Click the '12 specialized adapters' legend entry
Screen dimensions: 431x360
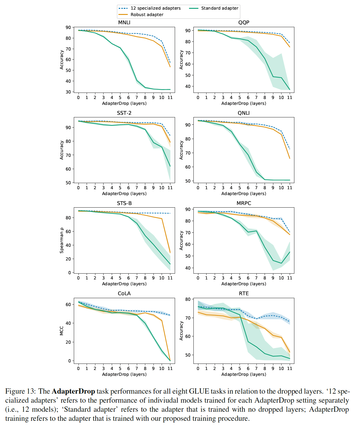pyautogui.click(x=155, y=8)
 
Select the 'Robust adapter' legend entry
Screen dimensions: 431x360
pyautogui.click(x=147, y=15)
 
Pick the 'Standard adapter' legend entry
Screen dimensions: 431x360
pyautogui.click(x=219, y=8)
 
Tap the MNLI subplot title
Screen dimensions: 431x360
pyautogui.click(x=124, y=22)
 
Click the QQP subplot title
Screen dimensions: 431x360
pyautogui.click(x=244, y=22)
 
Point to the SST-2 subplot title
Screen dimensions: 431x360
pyautogui.click(x=124, y=113)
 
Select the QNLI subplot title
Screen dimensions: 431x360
pyautogui.click(x=244, y=113)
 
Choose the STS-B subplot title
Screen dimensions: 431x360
pyautogui.click(x=124, y=203)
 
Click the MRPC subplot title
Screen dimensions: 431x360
pyautogui.click(x=244, y=203)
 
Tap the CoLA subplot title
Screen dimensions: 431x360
pyautogui.click(x=124, y=293)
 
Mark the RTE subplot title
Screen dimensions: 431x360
pyautogui.click(x=244, y=293)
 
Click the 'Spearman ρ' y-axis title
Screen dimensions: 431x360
pyautogui.click(x=62, y=240)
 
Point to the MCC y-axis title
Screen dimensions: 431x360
pyautogui.click(x=62, y=331)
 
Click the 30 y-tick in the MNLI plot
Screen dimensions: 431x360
pyautogui.click(x=68, y=92)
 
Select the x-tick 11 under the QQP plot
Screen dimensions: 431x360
pyautogui.click(x=289, y=98)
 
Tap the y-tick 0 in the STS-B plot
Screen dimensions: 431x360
pyautogui.click(x=69, y=273)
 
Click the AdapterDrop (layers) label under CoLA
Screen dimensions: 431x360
pyautogui.click(x=124, y=374)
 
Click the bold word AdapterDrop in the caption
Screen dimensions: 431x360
pyautogui.click(x=73, y=391)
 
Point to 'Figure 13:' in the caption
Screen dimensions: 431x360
pyautogui.click(x=21, y=391)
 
